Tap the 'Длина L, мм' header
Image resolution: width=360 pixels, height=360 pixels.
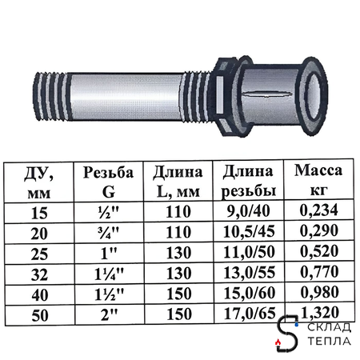point(174,181)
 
